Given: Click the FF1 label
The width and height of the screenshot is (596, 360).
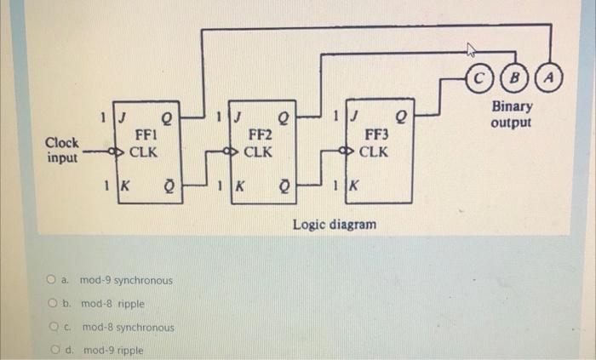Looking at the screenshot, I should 142,135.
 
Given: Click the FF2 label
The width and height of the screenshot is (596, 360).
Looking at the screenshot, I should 260,135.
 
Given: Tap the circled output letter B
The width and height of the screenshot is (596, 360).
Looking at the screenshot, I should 514,79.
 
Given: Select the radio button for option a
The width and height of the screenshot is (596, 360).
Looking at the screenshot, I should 52,280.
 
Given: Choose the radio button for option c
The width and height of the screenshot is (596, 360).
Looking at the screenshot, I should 52,327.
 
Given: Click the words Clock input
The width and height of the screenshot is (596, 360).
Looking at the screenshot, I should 62,151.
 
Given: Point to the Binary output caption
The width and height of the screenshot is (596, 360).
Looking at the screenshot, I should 512,115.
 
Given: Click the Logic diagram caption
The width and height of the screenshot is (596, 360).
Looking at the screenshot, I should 335,225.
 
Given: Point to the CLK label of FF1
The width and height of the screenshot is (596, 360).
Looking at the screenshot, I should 143,153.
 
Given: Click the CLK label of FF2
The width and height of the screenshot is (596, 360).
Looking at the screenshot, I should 258,153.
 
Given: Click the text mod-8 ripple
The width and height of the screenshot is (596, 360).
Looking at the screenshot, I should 112,304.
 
